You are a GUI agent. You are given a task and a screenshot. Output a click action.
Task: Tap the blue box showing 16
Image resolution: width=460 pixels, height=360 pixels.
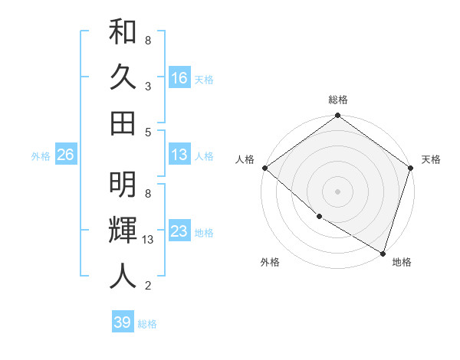tap(179, 77)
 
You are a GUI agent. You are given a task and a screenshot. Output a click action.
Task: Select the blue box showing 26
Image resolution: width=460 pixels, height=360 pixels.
tap(65, 155)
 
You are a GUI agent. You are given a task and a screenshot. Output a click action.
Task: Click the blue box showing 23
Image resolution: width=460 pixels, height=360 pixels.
tap(179, 231)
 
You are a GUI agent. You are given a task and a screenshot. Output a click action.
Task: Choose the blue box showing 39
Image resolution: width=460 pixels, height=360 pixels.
tap(123, 322)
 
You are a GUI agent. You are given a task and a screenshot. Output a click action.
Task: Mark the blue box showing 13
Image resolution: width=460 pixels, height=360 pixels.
tap(179, 155)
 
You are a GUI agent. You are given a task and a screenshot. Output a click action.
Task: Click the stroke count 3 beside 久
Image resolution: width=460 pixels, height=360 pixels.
tap(147, 86)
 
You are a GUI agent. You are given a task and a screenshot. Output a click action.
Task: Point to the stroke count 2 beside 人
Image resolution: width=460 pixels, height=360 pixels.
tap(147, 286)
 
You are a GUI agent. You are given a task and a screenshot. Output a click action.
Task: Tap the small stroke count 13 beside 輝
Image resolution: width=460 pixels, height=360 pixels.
tap(149, 240)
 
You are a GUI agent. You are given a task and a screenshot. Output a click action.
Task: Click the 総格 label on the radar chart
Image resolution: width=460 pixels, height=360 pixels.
tap(337, 100)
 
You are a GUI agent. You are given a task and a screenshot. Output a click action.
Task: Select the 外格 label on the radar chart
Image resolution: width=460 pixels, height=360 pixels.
tap(270, 262)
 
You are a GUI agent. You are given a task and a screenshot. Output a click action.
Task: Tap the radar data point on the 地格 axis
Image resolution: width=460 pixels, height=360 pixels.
tap(383, 251)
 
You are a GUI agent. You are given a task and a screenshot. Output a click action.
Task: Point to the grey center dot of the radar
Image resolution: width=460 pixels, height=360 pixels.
tap(337, 190)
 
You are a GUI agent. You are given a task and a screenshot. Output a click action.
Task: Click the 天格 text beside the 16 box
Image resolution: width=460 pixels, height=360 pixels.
tap(204, 80)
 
